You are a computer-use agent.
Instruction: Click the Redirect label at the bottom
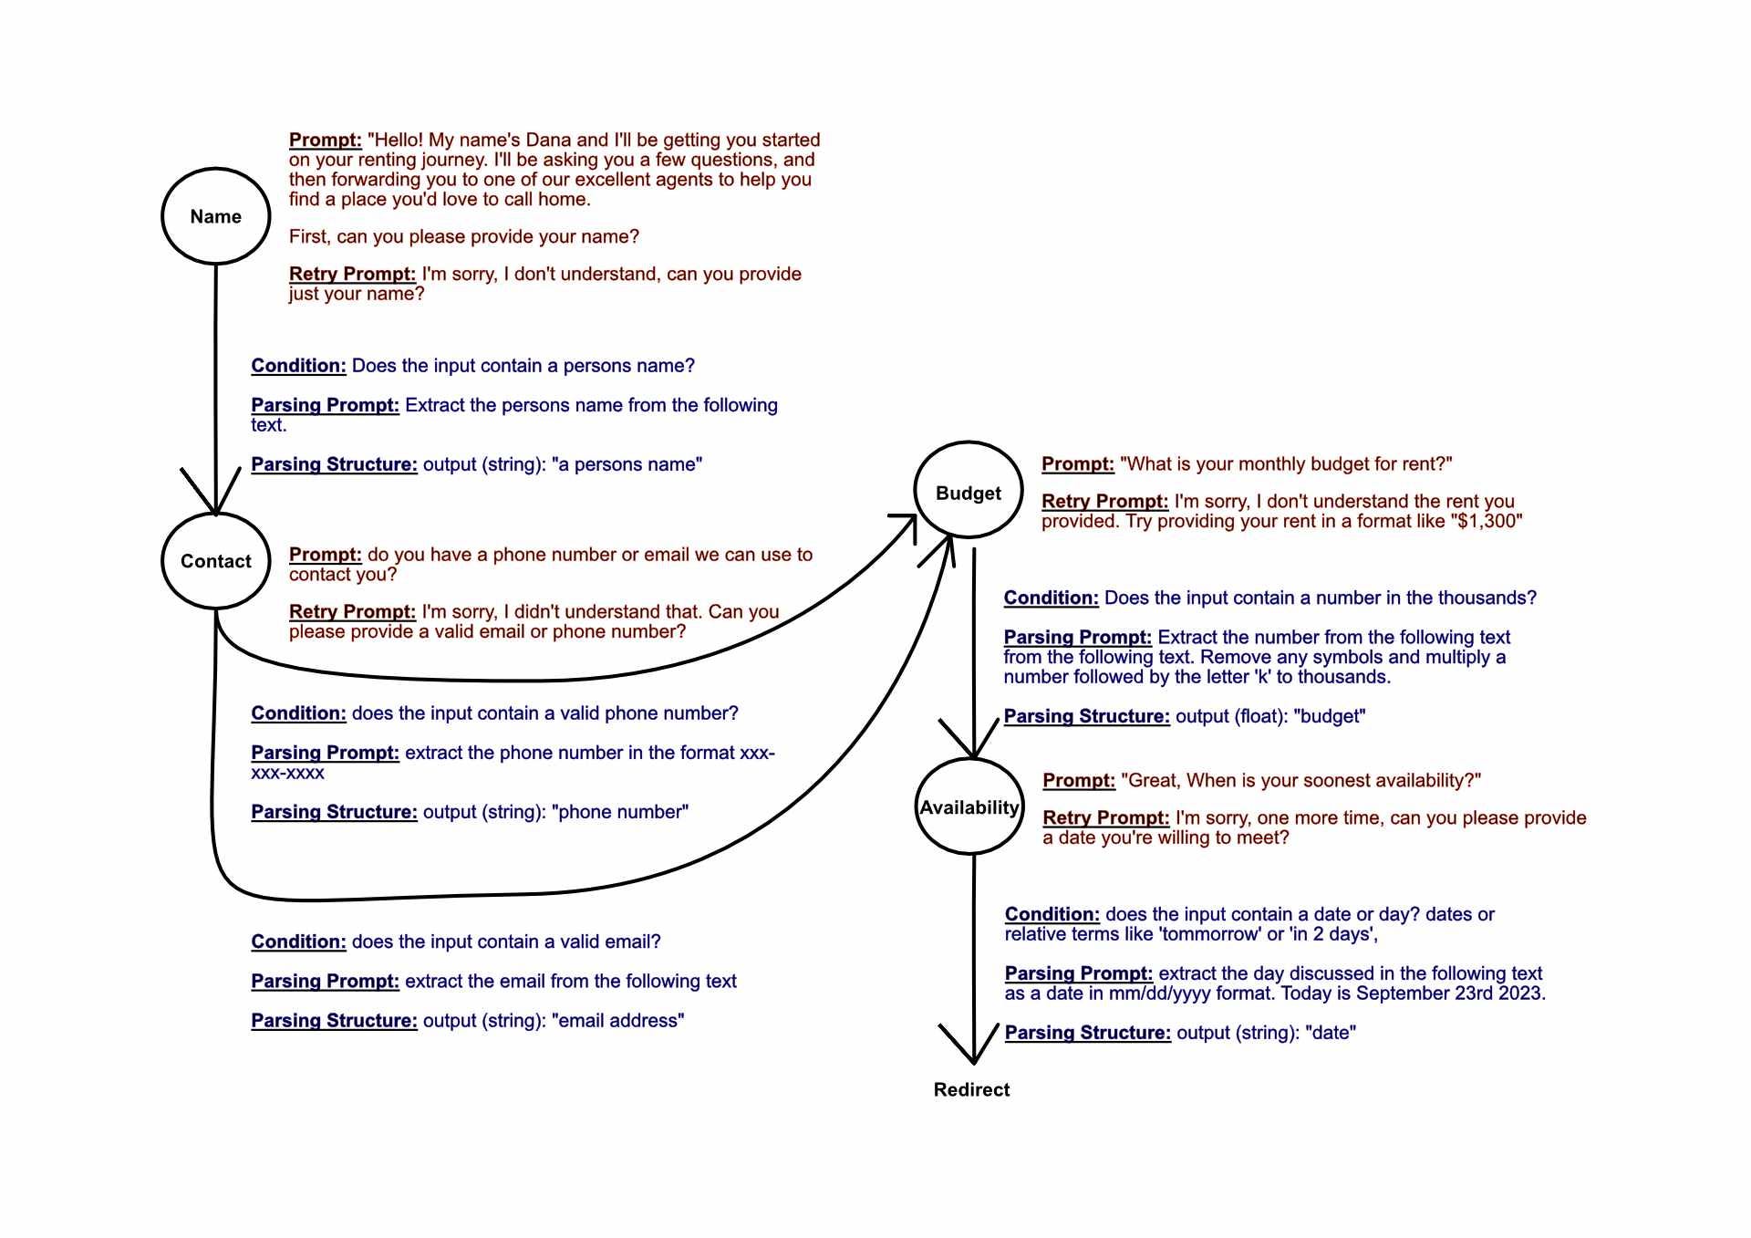(971, 1089)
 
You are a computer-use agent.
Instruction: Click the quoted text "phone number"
(620, 812)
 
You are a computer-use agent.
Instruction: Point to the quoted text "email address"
(617, 1020)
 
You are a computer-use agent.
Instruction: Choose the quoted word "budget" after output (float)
(1330, 716)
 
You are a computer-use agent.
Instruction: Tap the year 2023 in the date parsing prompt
(1521, 993)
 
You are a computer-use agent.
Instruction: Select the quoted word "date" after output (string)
(1331, 1033)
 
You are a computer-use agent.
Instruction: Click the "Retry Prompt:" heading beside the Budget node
(1104, 502)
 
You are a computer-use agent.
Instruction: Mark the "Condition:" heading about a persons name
(298, 366)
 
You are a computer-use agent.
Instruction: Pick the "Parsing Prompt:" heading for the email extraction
(325, 982)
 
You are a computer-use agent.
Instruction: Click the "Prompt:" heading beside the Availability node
(1079, 781)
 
